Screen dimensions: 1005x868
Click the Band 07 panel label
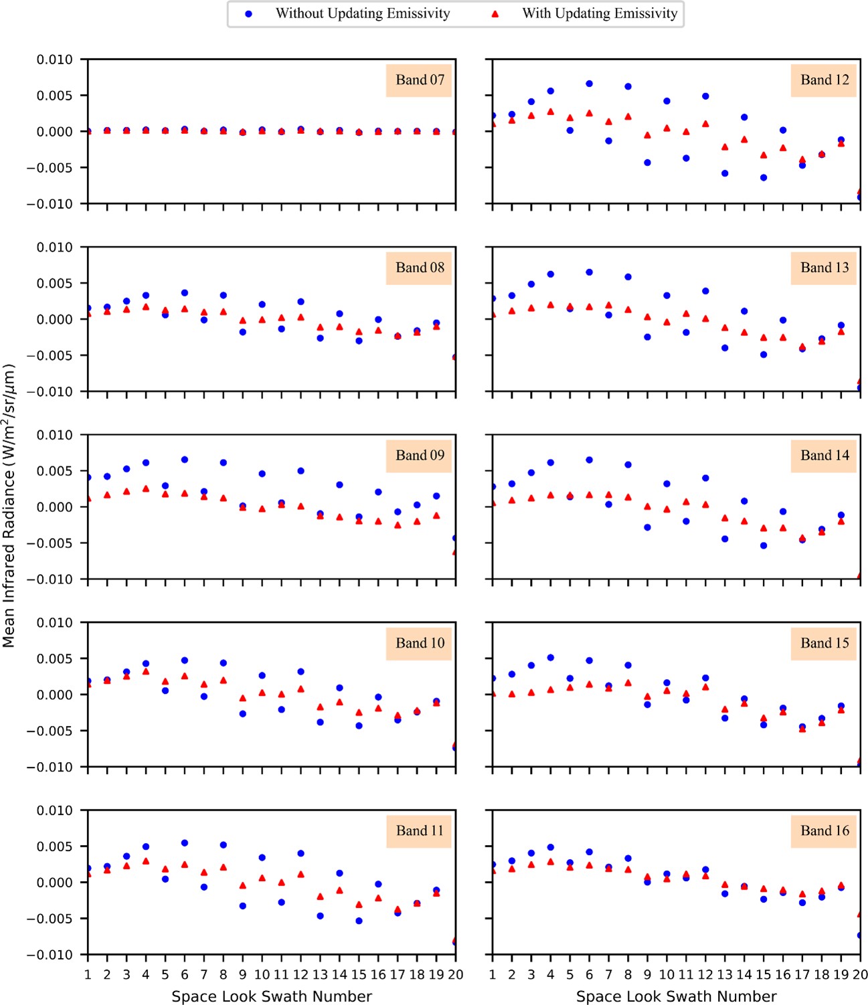tap(420, 80)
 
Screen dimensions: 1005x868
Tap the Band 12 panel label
tap(824, 80)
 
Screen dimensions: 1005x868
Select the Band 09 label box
tap(420, 456)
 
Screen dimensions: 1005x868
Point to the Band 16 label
tap(824, 831)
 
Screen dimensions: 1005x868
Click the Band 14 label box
tap(824, 456)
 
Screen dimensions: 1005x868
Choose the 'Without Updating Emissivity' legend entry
tap(362, 13)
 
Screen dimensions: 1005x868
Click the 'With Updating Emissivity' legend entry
tap(599, 13)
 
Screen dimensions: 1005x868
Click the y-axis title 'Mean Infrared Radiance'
tap(9, 506)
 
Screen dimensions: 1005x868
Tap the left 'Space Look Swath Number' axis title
tap(271, 996)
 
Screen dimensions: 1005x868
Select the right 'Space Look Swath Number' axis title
tap(676, 996)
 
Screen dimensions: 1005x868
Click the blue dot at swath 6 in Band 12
tap(590, 84)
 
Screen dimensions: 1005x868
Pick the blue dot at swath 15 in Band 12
tap(764, 178)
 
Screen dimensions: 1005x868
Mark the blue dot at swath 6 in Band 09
tap(185, 460)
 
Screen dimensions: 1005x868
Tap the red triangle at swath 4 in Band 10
tap(146, 671)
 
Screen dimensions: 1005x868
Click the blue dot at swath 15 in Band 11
tap(359, 921)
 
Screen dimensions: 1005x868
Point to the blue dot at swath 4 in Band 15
tap(551, 658)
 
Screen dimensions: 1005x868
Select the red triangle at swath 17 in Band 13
tap(802, 347)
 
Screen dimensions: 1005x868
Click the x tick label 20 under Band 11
tap(455, 975)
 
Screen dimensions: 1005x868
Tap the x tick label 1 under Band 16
tap(493, 975)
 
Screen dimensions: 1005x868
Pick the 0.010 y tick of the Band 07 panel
tap(55, 60)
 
